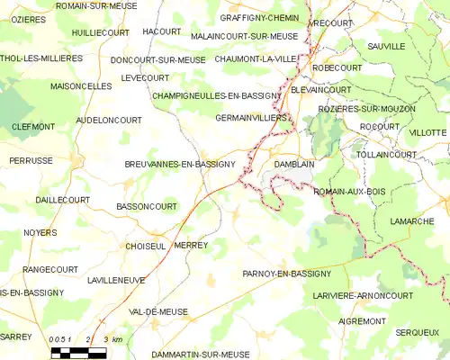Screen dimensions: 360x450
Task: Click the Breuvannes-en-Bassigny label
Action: [x=179, y=165]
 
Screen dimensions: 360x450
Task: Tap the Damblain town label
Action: [x=293, y=165]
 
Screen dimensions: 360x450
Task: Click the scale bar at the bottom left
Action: [x=78, y=352]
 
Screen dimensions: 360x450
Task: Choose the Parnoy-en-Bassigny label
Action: [x=286, y=273]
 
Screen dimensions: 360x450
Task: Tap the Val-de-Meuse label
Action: [x=158, y=311]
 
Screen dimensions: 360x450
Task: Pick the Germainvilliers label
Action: [x=252, y=118]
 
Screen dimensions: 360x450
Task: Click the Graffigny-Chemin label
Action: [x=259, y=17]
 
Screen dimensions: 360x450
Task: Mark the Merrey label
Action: [x=191, y=246]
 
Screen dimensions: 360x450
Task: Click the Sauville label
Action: [x=386, y=46]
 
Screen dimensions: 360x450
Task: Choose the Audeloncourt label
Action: [x=110, y=119]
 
